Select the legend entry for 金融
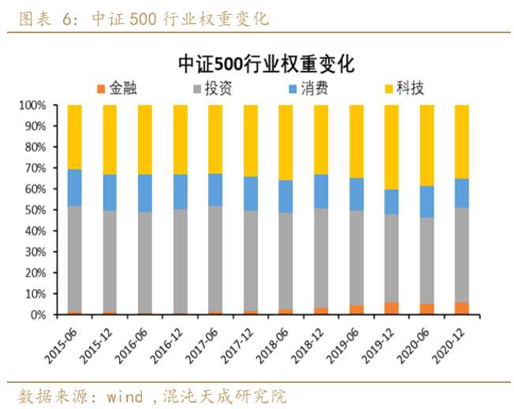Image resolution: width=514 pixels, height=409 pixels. pyautogui.click(x=117, y=88)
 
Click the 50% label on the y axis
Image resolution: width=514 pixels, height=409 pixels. pyautogui.click(x=35, y=210)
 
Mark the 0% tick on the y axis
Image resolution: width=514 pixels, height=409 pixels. pyautogui.click(x=39, y=315)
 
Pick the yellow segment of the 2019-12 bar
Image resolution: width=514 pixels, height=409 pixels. pyautogui.click(x=391, y=147)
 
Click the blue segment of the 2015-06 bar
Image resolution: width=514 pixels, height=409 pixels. pyautogui.click(x=75, y=188)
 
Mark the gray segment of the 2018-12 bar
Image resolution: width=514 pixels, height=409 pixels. pyautogui.click(x=321, y=258)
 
